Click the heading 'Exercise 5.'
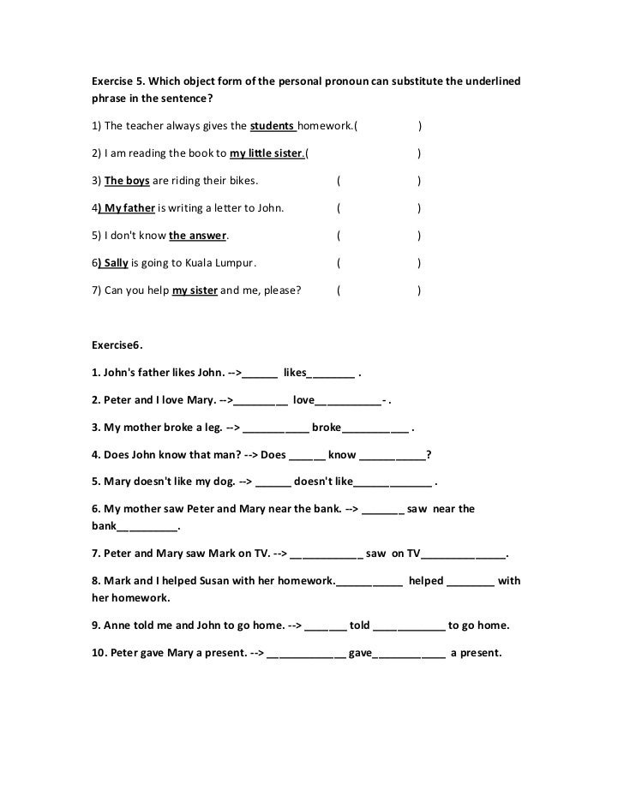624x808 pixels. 118,81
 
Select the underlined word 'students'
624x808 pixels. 272,128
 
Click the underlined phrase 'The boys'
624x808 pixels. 127,181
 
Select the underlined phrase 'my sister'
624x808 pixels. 195,290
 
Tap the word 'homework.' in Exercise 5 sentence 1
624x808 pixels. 327,128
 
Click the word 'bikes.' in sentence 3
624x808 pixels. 241,181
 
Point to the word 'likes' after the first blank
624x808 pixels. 294,374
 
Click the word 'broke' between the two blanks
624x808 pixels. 326,428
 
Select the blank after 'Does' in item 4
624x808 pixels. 307,455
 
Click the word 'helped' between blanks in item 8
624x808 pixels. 426,581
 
